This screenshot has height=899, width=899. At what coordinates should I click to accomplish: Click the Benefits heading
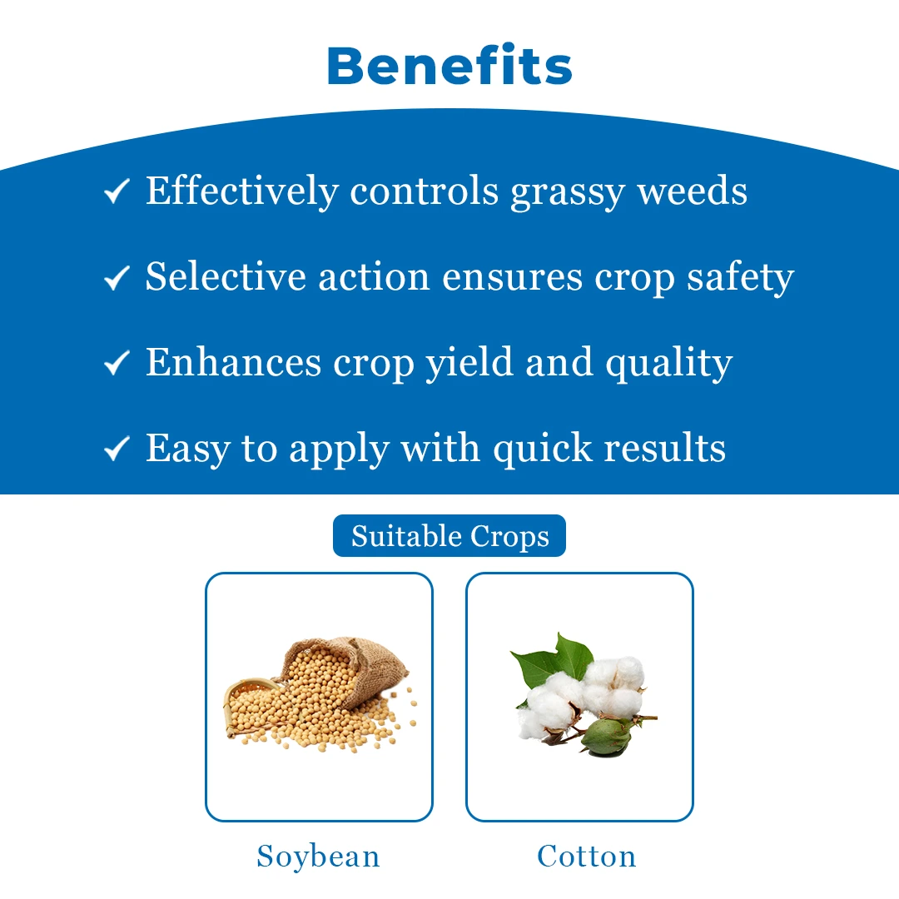pyautogui.click(x=449, y=65)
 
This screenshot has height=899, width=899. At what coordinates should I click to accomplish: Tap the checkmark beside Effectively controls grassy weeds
pyautogui.click(x=117, y=191)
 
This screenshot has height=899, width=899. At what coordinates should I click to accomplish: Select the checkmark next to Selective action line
pyautogui.click(x=117, y=277)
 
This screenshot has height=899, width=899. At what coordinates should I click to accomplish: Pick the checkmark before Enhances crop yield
pyautogui.click(x=117, y=363)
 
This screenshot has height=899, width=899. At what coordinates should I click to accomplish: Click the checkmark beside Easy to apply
pyautogui.click(x=117, y=449)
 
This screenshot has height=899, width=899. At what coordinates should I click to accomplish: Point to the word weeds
pyautogui.click(x=693, y=190)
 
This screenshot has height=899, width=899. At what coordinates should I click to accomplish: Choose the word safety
pyautogui.click(x=740, y=278)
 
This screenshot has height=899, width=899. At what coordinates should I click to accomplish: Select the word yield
pyautogui.click(x=469, y=364)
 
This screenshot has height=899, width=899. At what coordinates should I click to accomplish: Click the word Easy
pyautogui.click(x=187, y=450)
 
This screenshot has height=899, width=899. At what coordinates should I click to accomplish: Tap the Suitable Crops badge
pyautogui.click(x=449, y=535)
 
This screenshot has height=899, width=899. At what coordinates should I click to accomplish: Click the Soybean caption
pyautogui.click(x=318, y=857)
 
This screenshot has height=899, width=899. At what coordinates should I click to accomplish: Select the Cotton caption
pyautogui.click(x=587, y=856)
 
